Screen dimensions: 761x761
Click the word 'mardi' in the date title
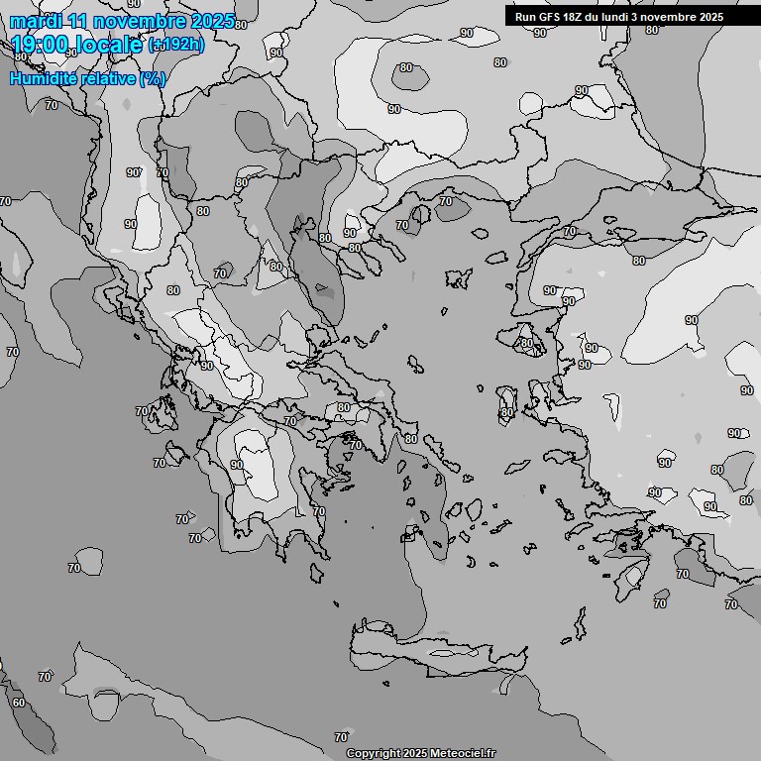[x=34, y=21]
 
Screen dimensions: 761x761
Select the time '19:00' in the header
[x=46, y=45]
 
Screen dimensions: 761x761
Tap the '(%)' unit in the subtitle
[x=153, y=78]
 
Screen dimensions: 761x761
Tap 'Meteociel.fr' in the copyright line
[x=463, y=754]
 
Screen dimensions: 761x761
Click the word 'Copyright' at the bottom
[x=373, y=754]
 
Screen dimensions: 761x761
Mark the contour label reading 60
[x=19, y=703]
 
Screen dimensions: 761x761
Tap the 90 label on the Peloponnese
[x=237, y=464]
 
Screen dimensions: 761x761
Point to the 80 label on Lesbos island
[x=526, y=344]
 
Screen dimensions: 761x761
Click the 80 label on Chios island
[x=507, y=412]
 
